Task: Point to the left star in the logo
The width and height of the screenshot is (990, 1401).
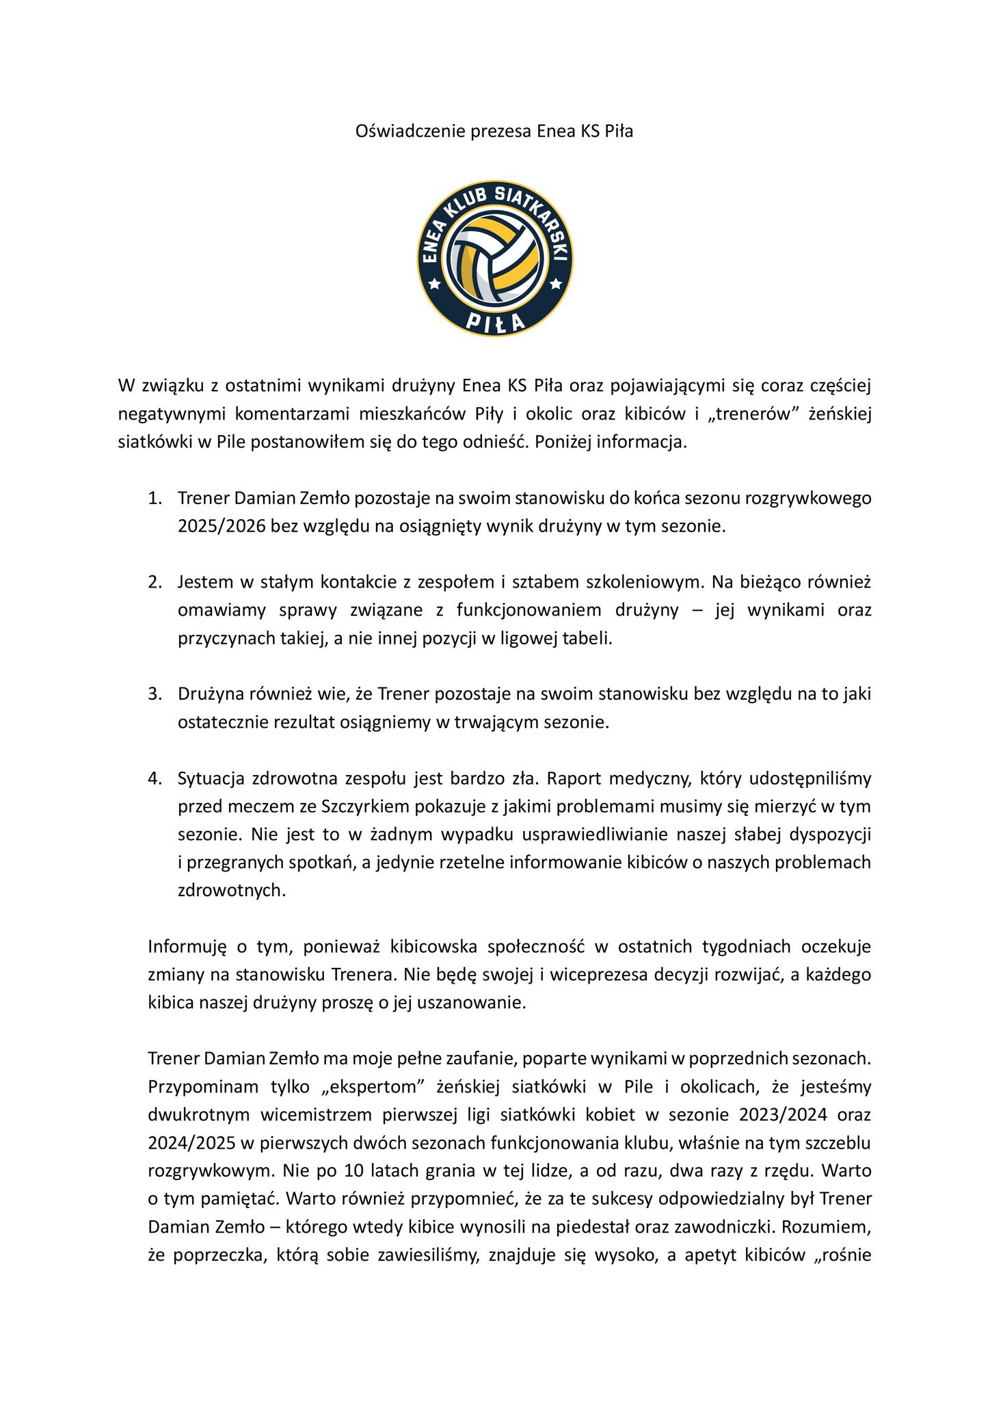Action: [x=434, y=283]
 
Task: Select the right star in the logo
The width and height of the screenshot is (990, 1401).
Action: [x=556, y=283]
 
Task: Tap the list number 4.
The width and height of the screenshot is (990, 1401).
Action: [x=155, y=778]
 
